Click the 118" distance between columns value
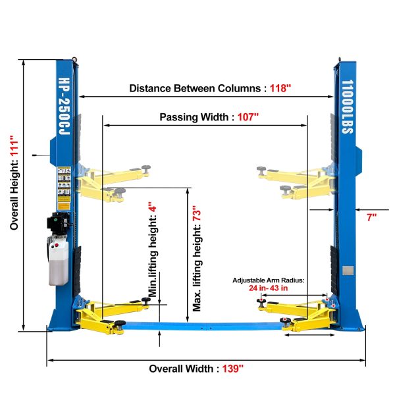pos(280,88)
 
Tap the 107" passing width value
pos(248,117)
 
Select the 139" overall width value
pos(233,369)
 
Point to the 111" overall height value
pos(14,146)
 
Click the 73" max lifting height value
pos(197,213)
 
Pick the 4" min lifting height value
pos(153,207)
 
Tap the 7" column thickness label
pos(371,217)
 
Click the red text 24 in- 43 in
pos(269,288)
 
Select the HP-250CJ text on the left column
pos(65,106)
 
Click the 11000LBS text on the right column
pos(348,107)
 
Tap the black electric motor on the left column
pos(59,223)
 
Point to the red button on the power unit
pos(57,245)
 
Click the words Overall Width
pos(181,369)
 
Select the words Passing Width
pos(194,117)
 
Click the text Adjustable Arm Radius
pos(268,280)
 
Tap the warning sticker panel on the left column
pos(64,188)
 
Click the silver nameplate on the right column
pos(348,271)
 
